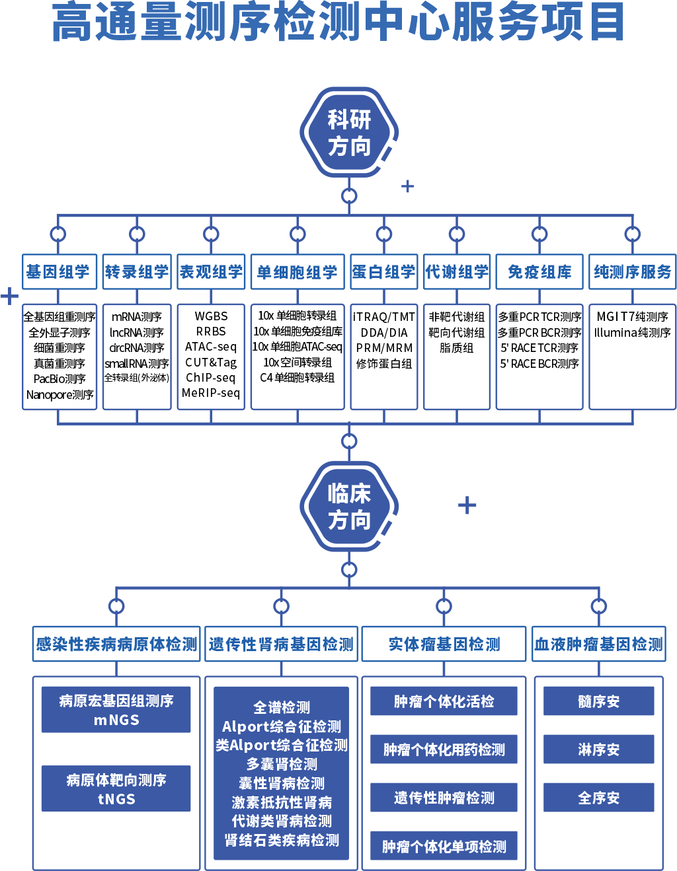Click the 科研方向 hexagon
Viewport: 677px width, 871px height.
coord(348,132)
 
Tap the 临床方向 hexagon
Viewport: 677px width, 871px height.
coord(348,506)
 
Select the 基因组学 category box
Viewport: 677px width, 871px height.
coord(60,271)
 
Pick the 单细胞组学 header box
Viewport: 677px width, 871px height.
coord(298,271)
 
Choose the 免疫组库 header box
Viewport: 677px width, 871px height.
coord(539,271)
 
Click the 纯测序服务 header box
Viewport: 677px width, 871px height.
coord(633,271)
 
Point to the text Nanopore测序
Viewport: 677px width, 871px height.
coord(60,395)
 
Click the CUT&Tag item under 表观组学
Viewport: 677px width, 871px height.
coord(211,363)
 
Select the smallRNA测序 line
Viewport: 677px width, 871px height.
coord(137,364)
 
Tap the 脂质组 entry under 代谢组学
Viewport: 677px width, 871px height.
coord(457,347)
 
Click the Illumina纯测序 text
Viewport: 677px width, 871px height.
coord(633,332)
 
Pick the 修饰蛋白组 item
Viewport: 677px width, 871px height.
coord(384,364)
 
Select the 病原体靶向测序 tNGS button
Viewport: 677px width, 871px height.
coord(116,788)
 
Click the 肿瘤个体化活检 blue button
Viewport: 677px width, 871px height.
coord(444,701)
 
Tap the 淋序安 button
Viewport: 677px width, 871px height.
coord(599,749)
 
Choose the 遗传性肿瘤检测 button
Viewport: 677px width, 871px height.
coord(444,797)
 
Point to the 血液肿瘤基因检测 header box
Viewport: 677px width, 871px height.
coord(599,644)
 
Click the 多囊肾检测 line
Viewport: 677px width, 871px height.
coord(282,764)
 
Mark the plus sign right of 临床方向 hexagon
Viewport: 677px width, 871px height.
coord(467,505)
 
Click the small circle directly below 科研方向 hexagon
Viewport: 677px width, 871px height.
coord(348,196)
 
